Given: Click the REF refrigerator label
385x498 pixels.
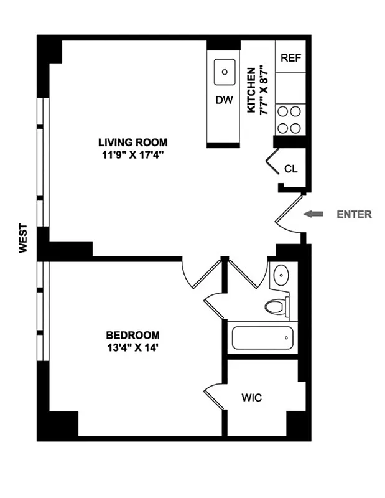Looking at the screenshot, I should coord(290,58).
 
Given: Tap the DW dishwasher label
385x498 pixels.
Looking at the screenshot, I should coord(224,100).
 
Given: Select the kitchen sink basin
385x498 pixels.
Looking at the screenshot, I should coord(225,72).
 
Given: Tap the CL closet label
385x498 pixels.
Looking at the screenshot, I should coord(290,168).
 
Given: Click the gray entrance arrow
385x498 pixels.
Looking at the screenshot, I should coord(315,214).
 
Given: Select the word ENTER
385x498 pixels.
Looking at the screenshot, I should coord(354,215).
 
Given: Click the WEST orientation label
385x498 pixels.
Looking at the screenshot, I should coord(23,238).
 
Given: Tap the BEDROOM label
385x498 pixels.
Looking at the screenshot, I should coord(132,334).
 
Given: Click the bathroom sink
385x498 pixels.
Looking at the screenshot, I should coord(281,274).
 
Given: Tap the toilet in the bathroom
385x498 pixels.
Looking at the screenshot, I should coord(276,306).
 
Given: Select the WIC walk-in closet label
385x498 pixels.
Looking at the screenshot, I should coord(252,397).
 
